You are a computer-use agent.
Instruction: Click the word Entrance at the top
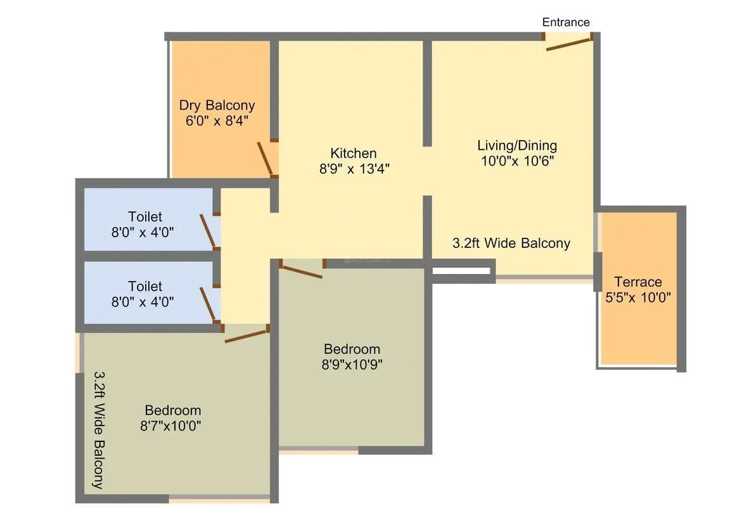point(566,22)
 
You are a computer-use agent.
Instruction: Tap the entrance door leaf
point(568,44)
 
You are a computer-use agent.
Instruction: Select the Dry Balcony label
point(217,105)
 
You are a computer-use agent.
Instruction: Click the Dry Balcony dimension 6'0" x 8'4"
point(217,120)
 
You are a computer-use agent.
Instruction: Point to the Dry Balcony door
point(265,159)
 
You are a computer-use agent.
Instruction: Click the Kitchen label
point(354,153)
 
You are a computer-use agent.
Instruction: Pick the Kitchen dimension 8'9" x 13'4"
point(354,169)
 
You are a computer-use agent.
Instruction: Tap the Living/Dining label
point(517,145)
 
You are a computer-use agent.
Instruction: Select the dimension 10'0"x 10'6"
point(517,161)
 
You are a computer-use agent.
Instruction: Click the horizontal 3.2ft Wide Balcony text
point(511,243)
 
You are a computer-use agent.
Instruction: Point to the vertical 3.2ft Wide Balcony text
point(99,430)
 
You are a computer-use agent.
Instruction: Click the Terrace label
point(637,282)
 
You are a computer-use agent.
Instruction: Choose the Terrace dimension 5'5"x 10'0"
point(637,297)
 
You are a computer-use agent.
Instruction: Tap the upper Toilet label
point(145,217)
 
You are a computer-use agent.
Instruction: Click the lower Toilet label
point(145,287)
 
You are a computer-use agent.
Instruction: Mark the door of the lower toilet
point(208,304)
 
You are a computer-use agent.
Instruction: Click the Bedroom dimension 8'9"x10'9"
point(352,365)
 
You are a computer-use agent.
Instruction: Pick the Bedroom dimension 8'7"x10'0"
point(171,426)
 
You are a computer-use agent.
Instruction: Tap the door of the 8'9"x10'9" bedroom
point(301,271)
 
